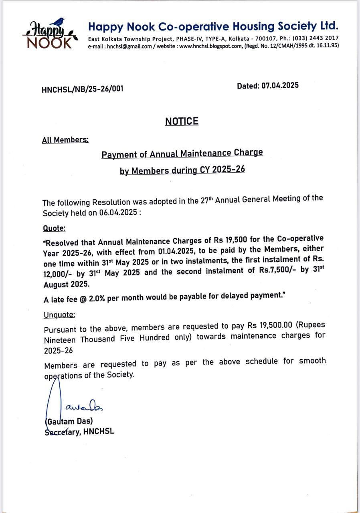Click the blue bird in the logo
[x=60, y=21]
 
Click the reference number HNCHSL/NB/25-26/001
[x=82, y=89]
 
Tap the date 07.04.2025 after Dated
[x=280, y=85]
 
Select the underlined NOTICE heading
[x=182, y=121]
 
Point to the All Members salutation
[x=65, y=140]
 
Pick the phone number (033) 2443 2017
[x=316, y=38]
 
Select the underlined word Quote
[x=54, y=228]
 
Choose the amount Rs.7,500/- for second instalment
[x=275, y=270]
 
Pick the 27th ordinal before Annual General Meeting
[x=206, y=200]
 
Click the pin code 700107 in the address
[x=259, y=38]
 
